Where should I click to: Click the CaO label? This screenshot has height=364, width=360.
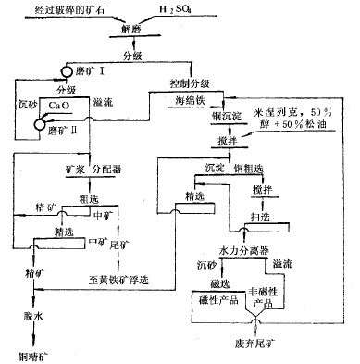pyautogui.click(x=59, y=107)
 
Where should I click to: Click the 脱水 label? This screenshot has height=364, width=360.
pyautogui.click(x=33, y=316)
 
